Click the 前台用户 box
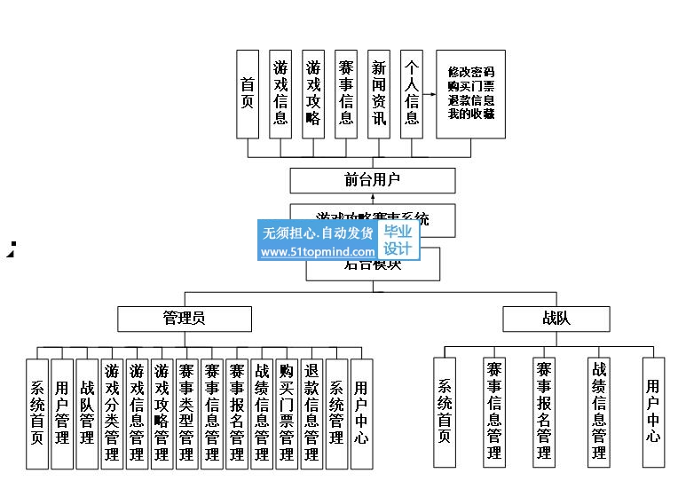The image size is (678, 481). pyautogui.click(x=373, y=180)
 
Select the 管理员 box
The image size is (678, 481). pyautogui.click(x=185, y=319)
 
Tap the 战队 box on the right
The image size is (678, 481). pyautogui.click(x=556, y=319)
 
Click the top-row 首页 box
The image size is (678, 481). pyautogui.click(x=248, y=93)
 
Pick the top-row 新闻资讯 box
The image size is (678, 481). pyautogui.click(x=379, y=93)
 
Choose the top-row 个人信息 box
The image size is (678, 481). pyautogui.click(x=412, y=93)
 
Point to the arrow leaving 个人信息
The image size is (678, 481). pyautogui.click(x=430, y=93)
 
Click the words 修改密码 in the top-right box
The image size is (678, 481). pyautogui.click(x=471, y=72)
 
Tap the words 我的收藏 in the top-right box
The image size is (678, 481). pyautogui.click(x=471, y=114)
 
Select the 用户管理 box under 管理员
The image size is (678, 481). pyautogui.click(x=61, y=414)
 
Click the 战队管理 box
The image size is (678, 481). pyautogui.click(x=87, y=414)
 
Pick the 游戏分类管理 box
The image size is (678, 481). pyautogui.click(x=112, y=414)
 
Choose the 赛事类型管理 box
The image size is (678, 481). pyautogui.click(x=186, y=414)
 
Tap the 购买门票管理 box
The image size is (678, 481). pyautogui.click(x=286, y=414)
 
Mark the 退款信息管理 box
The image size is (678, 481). pyautogui.click(x=311, y=414)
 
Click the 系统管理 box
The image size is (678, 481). pyautogui.click(x=336, y=414)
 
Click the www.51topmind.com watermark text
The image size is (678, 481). pyautogui.click(x=318, y=252)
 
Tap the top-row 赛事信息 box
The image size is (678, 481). pyautogui.click(x=346, y=93)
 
